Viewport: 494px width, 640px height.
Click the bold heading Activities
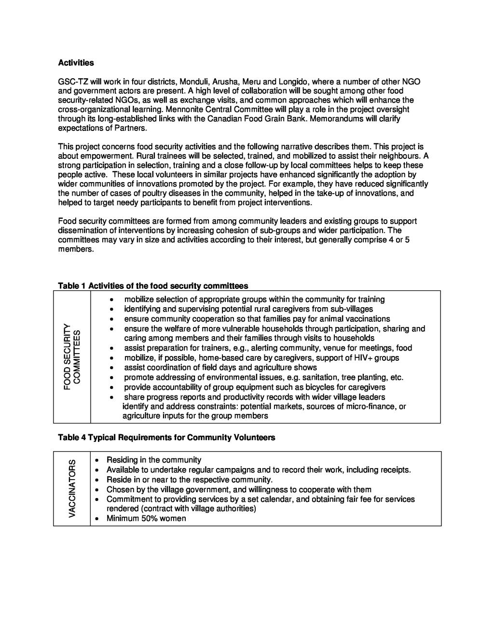pyautogui.click(x=76, y=63)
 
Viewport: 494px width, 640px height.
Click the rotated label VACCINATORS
pyautogui.click(x=72, y=488)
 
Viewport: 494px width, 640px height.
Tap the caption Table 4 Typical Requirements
pyautogui.click(x=166, y=438)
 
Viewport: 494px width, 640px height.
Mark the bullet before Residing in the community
pyautogui.click(x=97, y=460)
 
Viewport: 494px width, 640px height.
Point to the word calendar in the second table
pyautogui.click(x=277, y=499)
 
